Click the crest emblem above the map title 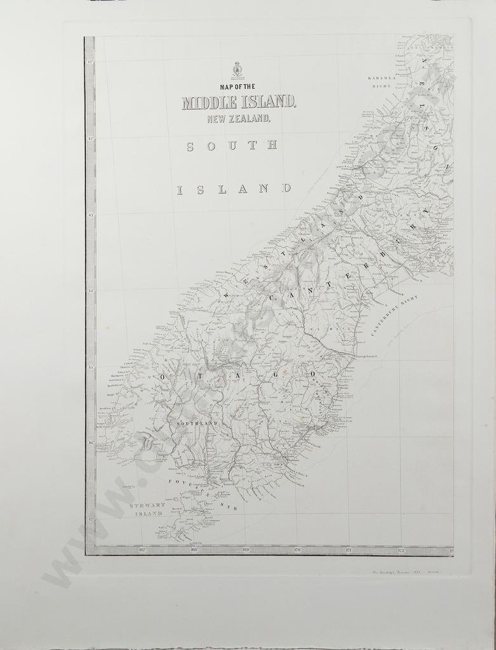[237, 69]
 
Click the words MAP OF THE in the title [237, 86]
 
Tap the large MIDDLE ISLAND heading [238, 102]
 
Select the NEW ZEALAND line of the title [238, 118]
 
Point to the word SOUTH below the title [232, 146]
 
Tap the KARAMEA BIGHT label [382, 81]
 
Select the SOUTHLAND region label [193, 423]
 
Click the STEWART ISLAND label [147, 509]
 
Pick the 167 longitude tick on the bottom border [142, 550]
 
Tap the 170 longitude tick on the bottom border [297, 550]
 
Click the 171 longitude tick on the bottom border [349, 550]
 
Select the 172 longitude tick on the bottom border [401, 550]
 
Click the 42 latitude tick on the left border [90, 138]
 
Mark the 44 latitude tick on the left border [90, 291]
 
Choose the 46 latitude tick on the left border [90, 442]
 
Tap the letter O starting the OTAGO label [163, 377]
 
